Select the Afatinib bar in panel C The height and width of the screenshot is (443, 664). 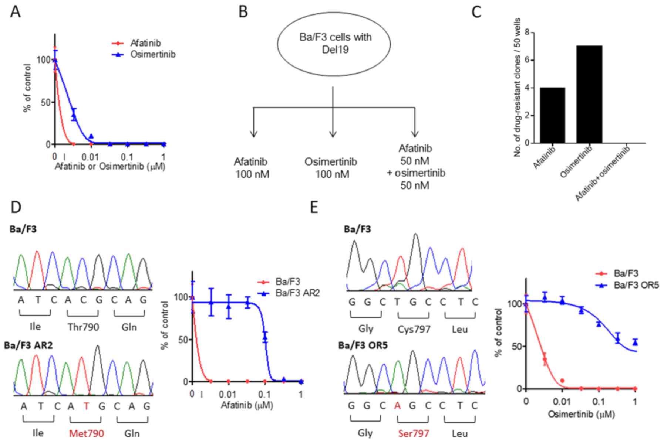point(552,115)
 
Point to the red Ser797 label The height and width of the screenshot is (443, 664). point(414,433)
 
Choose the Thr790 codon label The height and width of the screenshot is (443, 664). point(83,327)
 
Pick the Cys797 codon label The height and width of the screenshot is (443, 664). point(414,329)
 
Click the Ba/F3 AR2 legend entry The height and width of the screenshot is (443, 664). point(297,293)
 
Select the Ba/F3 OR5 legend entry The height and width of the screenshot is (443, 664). point(636,285)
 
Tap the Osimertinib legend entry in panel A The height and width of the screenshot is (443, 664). point(152,54)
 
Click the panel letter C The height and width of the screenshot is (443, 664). point(476,12)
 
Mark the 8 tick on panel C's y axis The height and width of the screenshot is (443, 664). point(526,33)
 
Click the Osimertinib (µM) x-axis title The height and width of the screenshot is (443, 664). point(581,414)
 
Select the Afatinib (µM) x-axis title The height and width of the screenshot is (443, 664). point(247,405)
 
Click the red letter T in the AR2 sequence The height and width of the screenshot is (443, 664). point(87,406)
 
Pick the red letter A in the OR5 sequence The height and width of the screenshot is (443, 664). point(397,406)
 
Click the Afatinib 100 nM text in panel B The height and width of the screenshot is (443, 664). point(252,168)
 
